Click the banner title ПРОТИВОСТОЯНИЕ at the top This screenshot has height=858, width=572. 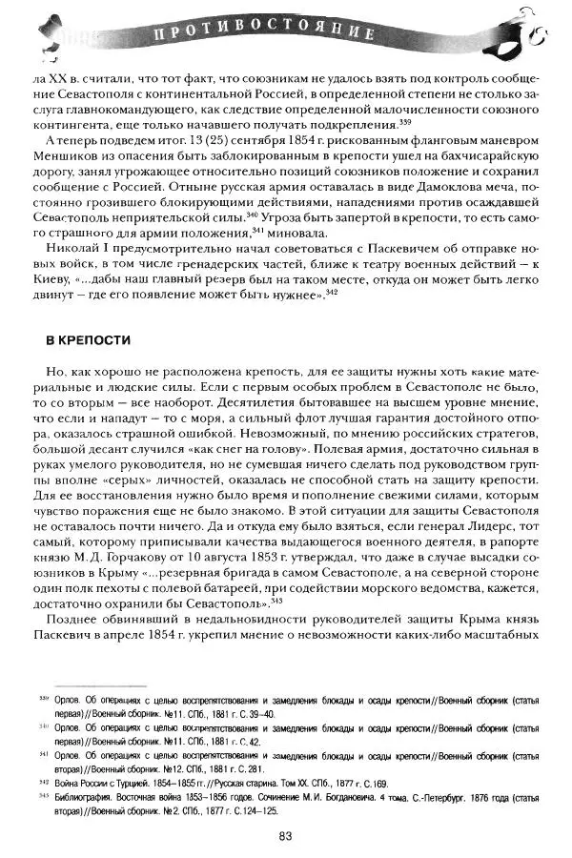[276, 35]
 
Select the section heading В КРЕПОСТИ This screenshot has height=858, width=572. [89, 338]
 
